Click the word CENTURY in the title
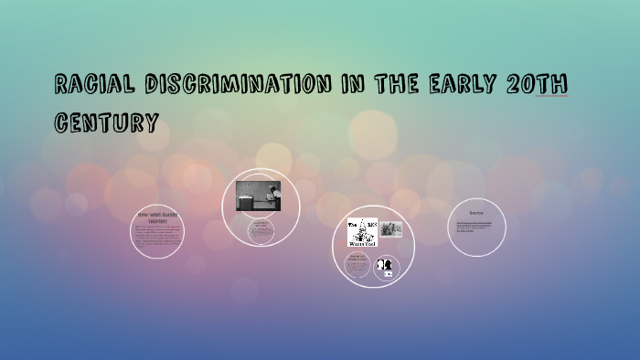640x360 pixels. [x=106, y=122]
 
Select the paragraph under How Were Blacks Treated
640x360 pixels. [x=156, y=235]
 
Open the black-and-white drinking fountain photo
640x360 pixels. [x=259, y=195]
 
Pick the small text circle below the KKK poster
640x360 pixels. [x=357, y=266]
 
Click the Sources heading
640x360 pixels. [x=477, y=212]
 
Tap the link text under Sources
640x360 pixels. [x=475, y=227]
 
